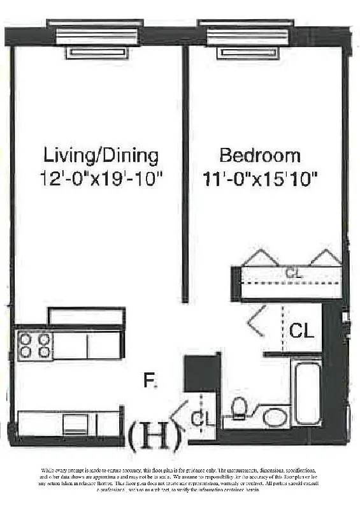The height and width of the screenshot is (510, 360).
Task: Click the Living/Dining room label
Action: point(101,155)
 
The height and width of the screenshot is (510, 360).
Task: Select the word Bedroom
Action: point(259,155)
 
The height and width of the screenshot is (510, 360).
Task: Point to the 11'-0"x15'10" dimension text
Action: point(260,179)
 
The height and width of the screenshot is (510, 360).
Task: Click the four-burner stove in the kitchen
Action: point(35,345)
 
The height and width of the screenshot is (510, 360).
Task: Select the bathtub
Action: point(306,393)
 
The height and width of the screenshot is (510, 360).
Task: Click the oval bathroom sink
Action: point(275,417)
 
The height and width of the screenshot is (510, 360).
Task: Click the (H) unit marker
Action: point(155,435)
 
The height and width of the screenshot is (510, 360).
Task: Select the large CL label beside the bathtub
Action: point(301,331)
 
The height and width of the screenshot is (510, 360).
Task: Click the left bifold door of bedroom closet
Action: point(259,257)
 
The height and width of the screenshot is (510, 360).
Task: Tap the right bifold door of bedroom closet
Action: point(326,257)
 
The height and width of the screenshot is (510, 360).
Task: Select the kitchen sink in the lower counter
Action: point(75,423)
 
